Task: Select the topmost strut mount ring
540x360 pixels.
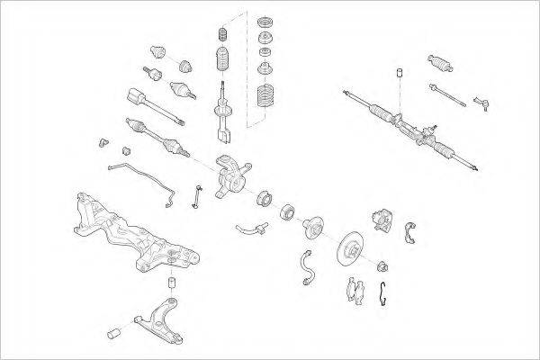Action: pyautogui.click(x=265, y=22)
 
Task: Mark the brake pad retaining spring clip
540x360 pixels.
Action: pyautogui.click(x=386, y=292)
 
